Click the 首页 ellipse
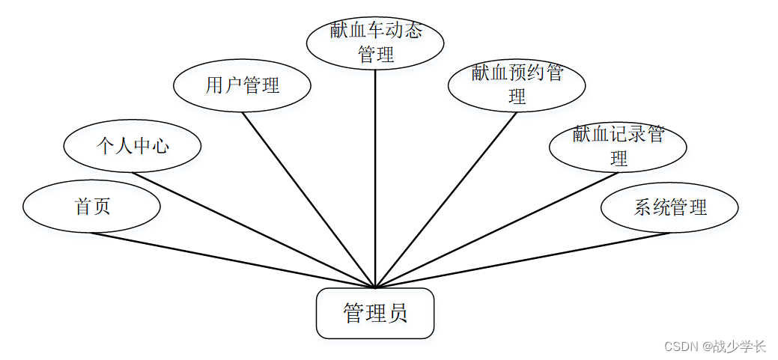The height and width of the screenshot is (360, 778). click(x=91, y=207)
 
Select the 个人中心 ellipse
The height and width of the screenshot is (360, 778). click(x=133, y=146)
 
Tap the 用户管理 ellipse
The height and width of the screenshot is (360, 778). click(x=242, y=86)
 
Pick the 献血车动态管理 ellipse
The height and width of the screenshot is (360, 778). click(x=375, y=42)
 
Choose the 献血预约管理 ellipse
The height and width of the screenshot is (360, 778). click(x=517, y=85)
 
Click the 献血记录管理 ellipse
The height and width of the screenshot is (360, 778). click(x=618, y=146)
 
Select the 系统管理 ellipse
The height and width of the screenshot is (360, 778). click(x=669, y=207)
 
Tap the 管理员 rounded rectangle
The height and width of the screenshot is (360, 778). click(x=375, y=313)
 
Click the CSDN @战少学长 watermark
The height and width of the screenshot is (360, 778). click(x=715, y=347)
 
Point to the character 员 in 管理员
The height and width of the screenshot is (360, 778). click(x=398, y=313)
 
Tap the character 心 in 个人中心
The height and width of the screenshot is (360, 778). click(x=160, y=146)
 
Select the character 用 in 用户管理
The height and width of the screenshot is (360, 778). click(x=215, y=86)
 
